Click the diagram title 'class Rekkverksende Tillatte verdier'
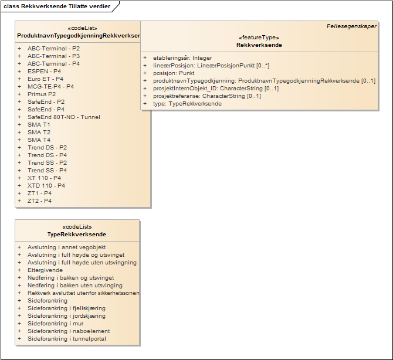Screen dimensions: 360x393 coord(56,6)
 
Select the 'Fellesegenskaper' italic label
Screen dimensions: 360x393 coord(351,27)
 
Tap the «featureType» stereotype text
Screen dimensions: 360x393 coord(259,38)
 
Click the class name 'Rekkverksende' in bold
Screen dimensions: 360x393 coord(259,45)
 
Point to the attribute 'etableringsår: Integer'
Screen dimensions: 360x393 coord(182,58)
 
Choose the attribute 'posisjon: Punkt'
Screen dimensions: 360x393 coord(174,73)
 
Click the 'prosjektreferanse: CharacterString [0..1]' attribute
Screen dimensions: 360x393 coord(206,96)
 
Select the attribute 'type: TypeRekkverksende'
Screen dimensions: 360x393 coord(187,104)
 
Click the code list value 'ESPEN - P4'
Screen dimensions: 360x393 coord(45,71)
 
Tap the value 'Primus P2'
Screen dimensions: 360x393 coord(42,94)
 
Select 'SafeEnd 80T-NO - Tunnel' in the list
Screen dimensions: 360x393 coord(63,117)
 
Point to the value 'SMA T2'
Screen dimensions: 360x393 coord(39,132)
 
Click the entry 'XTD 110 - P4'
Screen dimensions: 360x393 coord(46,185)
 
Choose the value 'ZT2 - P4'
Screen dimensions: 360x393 coord(39,201)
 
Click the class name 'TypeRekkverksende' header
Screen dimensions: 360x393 coord(77,235)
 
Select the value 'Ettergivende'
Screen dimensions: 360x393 coord(45,270)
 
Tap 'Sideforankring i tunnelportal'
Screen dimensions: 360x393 coord(67,339)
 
